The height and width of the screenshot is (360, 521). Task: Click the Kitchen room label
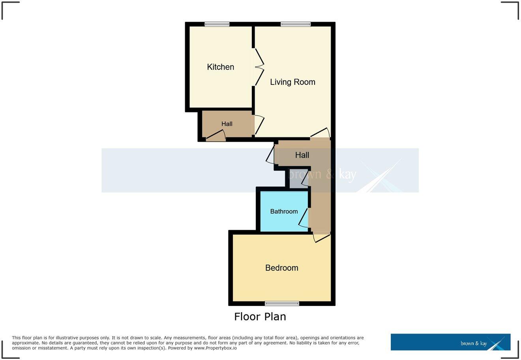(220, 67)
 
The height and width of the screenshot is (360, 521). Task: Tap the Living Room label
(292, 82)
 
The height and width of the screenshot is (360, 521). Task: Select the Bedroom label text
(281, 268)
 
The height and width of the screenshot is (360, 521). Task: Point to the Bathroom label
(284, 212)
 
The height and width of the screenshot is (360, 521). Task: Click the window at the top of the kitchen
(217, 24)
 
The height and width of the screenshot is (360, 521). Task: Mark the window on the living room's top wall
(296, 24)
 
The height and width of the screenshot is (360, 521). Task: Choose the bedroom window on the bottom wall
(282, 304)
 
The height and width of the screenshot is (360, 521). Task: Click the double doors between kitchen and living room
(259, 67)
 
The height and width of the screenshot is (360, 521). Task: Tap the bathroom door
(304, 218)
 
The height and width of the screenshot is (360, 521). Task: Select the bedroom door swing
(321, 238)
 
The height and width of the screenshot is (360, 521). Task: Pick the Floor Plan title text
(260, 317)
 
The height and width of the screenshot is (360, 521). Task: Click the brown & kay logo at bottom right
(450, 342)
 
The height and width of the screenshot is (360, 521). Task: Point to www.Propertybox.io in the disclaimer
(215, 348)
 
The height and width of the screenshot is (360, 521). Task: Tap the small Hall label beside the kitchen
(227, 124)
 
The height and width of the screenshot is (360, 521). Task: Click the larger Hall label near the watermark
(302, 155)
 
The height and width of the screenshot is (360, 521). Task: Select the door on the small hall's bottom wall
(216, 137)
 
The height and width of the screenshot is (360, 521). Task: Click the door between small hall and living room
(259, 125)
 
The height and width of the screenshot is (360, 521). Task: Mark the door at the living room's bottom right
(320, 133)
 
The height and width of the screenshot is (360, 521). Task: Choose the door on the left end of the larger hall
(271, 155)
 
